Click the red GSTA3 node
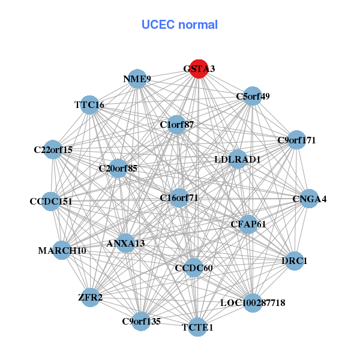click(199, 68)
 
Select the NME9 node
click(137, 79)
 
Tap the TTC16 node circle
click(89, 105)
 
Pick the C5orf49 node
click(253, 96)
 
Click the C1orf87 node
click(176, 125)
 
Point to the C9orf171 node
click(296, 140)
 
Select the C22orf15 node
click(53, 149)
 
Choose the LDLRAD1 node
click(238, 160)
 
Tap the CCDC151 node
click(51, 202)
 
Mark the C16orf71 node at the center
click(179, 197)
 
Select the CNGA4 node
click(309, 199)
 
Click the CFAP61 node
click(248, 224)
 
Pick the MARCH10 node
click(62, 250)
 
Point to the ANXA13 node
click(125, 243)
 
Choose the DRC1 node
click(294, 261)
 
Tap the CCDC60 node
click(193, 267)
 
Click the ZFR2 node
click(91, 298)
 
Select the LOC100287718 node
click(253, 302)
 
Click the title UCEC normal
click(179, 25)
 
